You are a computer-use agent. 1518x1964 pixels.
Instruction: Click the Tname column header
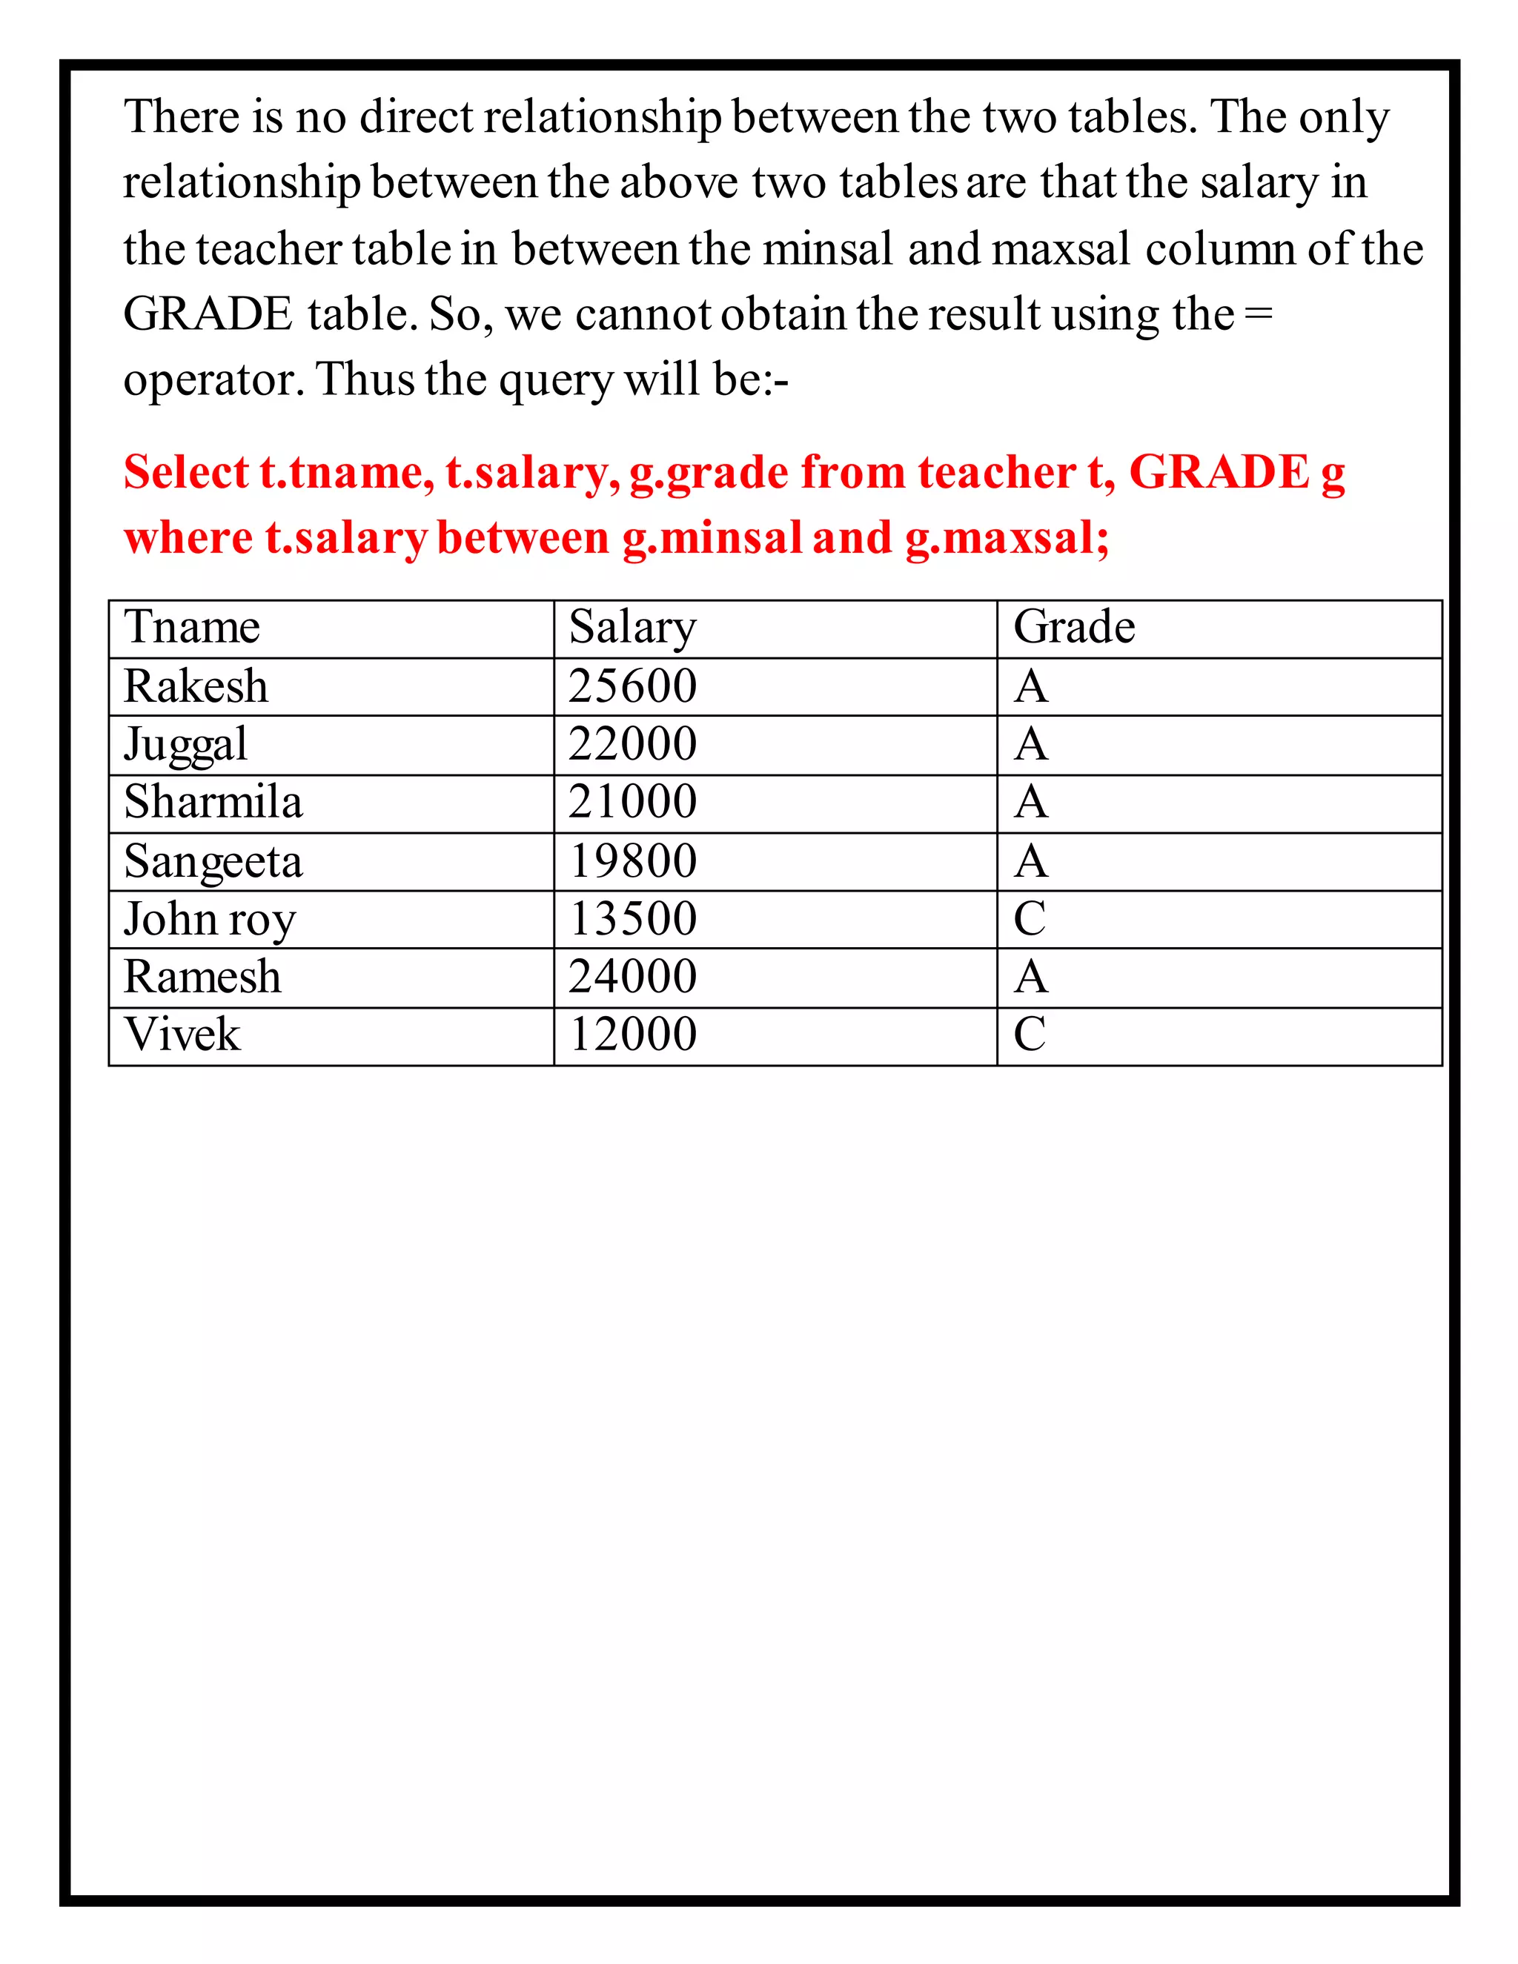point(191,627)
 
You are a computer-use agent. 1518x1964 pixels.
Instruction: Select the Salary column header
point(632,627)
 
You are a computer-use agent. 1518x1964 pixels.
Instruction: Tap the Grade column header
point(1074,627)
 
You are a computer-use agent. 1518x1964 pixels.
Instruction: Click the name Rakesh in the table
point(196,686)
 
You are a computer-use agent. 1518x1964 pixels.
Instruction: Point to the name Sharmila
point(213,801)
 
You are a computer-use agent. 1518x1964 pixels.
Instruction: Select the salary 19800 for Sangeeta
point(632,860)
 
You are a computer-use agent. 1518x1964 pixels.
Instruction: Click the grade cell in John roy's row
point(1030,918)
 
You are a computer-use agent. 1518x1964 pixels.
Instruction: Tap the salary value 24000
point(632,977)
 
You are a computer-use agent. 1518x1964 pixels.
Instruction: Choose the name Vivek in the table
point(182,1034)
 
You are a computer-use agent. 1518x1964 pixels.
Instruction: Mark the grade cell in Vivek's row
point(1030,1034)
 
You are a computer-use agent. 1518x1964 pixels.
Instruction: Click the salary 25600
point(632,686)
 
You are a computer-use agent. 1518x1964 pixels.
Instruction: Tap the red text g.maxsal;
point(1007,539)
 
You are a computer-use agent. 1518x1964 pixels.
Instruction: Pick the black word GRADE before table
point(208,315)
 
